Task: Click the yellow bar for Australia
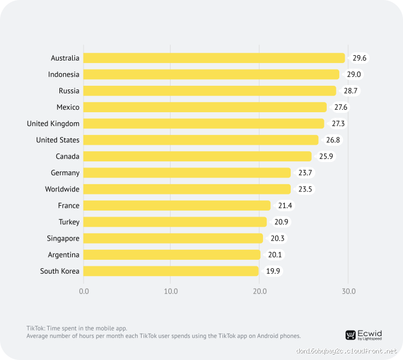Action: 214,58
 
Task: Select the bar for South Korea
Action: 171,271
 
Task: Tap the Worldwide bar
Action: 187,189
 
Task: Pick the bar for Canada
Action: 197,157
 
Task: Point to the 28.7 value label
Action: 351,91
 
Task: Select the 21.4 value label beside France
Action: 285,206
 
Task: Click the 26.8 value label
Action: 332,140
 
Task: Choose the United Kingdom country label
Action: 53,124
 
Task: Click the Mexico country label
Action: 68,107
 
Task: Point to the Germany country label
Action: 65,173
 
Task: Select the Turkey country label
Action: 69,222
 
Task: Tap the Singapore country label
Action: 63,238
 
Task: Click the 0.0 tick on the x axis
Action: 83,292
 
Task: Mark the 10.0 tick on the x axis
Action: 171,292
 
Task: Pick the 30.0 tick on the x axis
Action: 348,292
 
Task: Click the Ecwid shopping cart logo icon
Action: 350,335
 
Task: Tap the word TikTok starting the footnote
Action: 35,328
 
